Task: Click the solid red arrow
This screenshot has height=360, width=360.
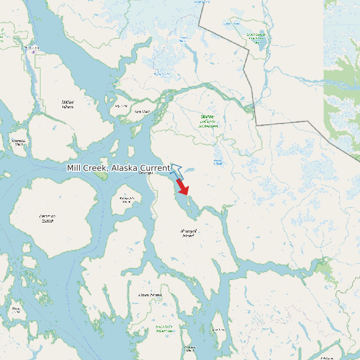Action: (183, 187)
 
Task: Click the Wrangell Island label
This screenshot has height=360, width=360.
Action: (189, 232)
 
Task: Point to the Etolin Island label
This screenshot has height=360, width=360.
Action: (149, 294)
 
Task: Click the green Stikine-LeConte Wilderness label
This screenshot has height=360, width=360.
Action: (208, 121)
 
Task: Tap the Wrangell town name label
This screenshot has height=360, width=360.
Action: (145, 173)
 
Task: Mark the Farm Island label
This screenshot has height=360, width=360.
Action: (141, 112)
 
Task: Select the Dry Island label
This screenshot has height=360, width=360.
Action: (121, 106)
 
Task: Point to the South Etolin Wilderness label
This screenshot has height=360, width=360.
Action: (164, 328)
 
